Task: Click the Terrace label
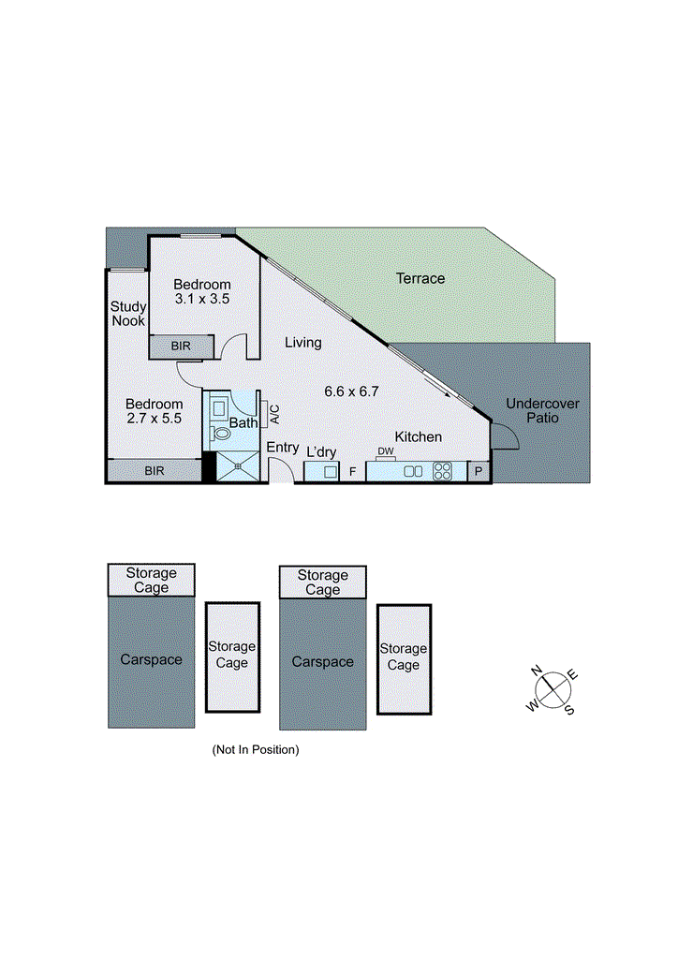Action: [420, 278]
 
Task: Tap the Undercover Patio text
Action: [543, 411]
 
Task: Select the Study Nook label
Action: [127, 314]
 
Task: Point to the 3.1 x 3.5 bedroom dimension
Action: [201, 299]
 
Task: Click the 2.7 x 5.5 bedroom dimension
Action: [155, 420]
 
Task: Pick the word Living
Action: [303, 343]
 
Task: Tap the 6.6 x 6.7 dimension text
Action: [351, 391]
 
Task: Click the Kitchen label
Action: [418, 437]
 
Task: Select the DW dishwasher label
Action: [386, 452]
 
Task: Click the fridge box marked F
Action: [352, 472]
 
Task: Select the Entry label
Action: [283, 449]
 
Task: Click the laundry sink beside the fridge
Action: [330, 472]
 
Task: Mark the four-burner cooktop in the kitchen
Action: [443, 472]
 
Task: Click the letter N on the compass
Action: [538, 671]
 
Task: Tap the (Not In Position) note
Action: [256, 749]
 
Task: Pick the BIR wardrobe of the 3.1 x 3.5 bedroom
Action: [182, 347]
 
